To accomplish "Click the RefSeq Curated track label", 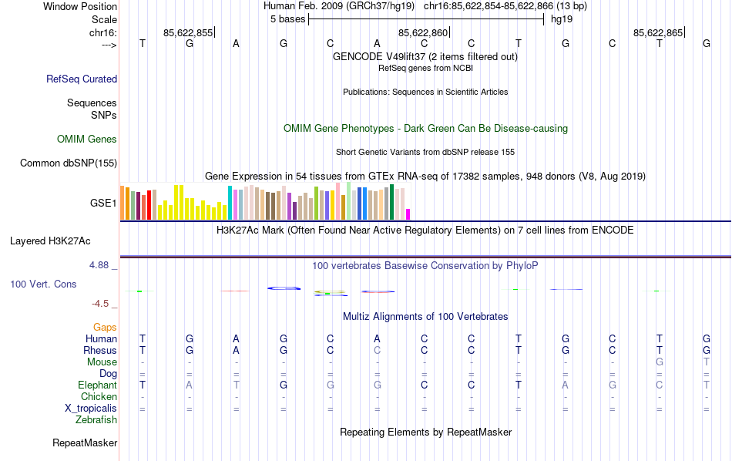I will point(82,79).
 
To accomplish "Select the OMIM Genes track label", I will point(87,140).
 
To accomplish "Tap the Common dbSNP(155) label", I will point(69,163).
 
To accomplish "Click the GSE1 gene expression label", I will point(103,204).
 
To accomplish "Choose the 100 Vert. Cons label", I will point(43,284).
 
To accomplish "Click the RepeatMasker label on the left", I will point(85,443).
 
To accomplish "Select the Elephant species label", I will point(97,385).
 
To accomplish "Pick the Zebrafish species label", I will point(96,420).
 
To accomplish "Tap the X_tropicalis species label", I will point(91,408).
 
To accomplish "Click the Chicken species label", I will point(99,396).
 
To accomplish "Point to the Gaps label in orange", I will point(105,328).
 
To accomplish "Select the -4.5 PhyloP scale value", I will point(102,304).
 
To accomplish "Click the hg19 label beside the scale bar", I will point(561,19).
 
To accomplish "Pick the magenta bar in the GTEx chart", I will point(408,214).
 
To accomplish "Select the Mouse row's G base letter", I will point(659,362).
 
